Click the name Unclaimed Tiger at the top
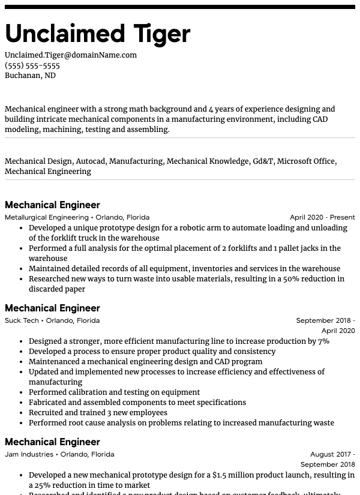97,34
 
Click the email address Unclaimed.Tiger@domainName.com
71,55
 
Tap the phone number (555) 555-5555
32,65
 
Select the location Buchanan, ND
30,76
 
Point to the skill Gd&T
263,161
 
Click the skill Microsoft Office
306,161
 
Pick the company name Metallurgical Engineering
47,217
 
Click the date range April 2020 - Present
322,217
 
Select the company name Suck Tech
22,320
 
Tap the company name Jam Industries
29,454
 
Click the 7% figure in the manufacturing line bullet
323,341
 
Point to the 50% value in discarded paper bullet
308,279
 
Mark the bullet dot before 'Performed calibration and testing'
22,392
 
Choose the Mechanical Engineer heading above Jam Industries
52,442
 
